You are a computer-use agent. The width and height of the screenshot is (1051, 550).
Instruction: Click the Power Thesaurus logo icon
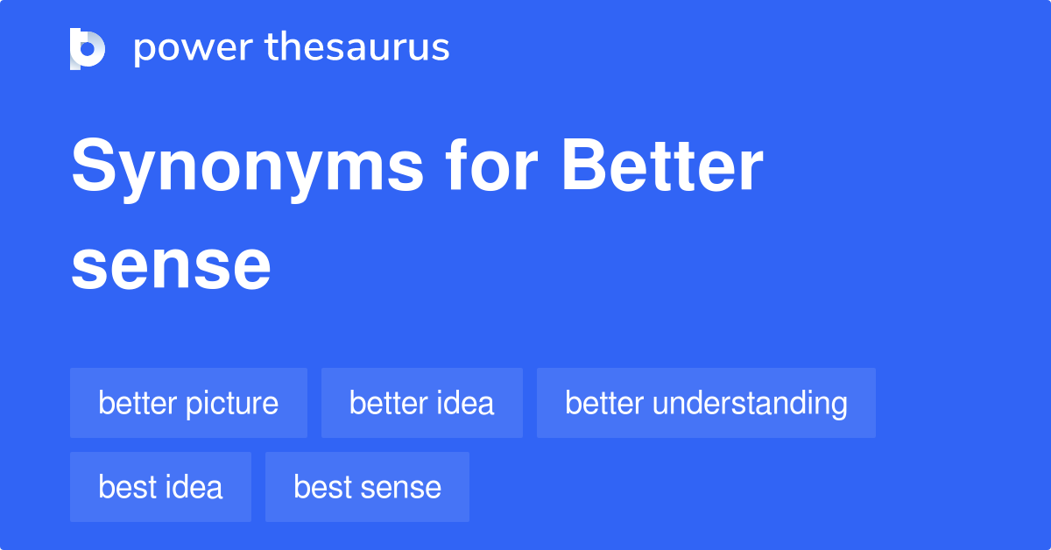click(88, 48)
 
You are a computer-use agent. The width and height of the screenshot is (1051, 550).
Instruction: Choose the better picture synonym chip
click(188, 403)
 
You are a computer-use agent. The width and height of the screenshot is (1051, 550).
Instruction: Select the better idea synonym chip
click(421, 403)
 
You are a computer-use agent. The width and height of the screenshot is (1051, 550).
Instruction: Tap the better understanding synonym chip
click(706, 403)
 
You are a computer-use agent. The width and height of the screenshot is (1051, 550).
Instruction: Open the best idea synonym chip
click(160, 487)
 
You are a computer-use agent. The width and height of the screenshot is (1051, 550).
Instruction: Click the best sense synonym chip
click(367, 487)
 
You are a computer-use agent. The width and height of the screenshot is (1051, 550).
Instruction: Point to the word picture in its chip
click(233, 404)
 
